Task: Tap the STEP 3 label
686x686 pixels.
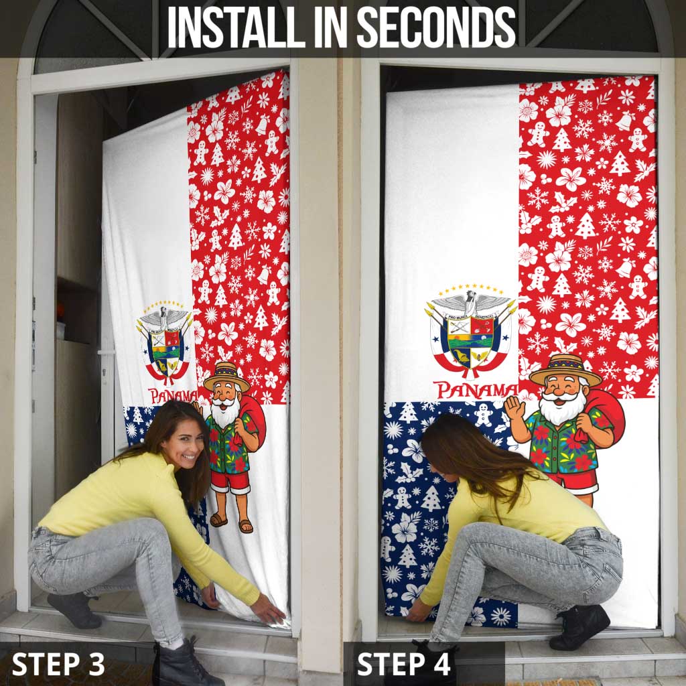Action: (x=58, y=663)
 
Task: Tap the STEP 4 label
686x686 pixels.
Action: (x=404, y=663)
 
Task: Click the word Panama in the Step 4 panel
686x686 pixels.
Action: (x=476, y=389)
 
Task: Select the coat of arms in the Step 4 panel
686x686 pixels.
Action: (x=472, y=332)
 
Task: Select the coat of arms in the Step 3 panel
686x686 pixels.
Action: (x=165, y=344)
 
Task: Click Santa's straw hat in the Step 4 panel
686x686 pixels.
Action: (x=565, y=370)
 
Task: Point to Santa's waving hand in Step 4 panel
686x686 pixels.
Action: (x=514, y=407)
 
